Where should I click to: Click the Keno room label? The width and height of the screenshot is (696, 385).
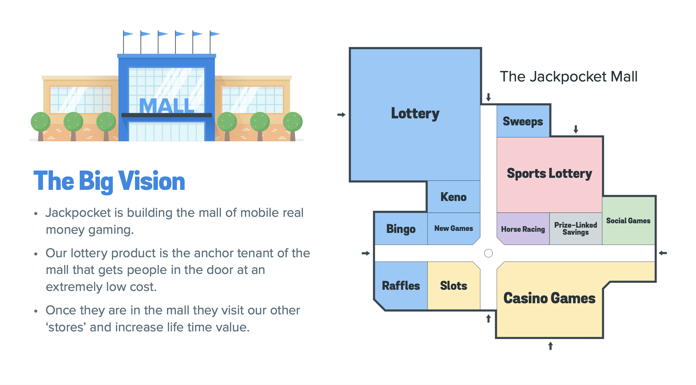pyautogui.click(x=453, y=197)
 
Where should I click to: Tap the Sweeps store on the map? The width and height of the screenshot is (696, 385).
pyautogui.click(x=523, y=121)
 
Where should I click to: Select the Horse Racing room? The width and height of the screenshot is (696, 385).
pyautogui.click(x=523, y=229)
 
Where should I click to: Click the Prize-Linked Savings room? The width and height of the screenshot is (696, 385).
pyautogui.click(x=576, y=229)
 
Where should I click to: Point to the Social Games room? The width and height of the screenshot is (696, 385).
pyautogui.click(x=628, y=221)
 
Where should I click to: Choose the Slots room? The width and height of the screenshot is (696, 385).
pyautogui.click(x=453, y=286)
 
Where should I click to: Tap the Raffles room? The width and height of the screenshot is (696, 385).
pyautogui.click(x=401, y=286)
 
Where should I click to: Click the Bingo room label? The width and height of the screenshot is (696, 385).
pyautogui.click(x=401, y=229)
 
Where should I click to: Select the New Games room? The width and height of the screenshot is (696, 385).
pyautogui.click(x=453, y=228)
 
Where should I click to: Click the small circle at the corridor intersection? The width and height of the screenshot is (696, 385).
pyautogui.click(x=488, y=253)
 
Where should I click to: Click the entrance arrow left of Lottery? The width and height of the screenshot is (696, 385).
pyautogui.click(x=341, y=115)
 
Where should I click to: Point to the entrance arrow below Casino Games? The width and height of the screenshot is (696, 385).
pyautogui.click(x=550, y=346)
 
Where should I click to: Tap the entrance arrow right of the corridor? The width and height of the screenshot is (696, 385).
pyautogui.click(x=663, y=253)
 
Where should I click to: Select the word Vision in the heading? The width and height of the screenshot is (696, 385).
pyautogui.click(x=151, y=181)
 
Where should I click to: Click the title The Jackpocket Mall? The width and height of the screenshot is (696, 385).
pyautogui.click(x=568, y=76)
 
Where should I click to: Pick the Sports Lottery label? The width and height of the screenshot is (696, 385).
pyautogui.click(x=549, y=173)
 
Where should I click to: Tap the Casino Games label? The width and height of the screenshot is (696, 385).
pyautogui.click(x=549, y=298)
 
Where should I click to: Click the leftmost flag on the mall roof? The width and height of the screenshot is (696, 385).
pyautogui.click(x=128, y=34)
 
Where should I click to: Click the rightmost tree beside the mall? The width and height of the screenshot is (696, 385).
pyautogui.click(x=292, y=122)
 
